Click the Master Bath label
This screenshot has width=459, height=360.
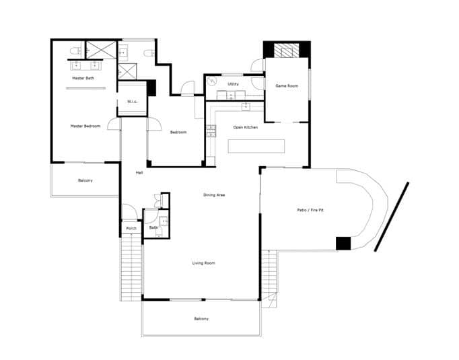coord(83,79)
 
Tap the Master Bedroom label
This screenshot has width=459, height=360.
coord(85,126)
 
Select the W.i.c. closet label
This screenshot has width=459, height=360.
coord(132,101)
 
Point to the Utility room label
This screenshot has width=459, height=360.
coord(233,84)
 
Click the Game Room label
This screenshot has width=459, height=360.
coord(287,86)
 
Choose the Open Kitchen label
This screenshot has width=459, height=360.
coord(245,127)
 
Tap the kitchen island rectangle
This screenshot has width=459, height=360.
coord(256,146)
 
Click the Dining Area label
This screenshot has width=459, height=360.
coord(214,195)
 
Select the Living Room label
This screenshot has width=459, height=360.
coord(203,262)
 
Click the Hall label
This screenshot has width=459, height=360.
coord(139,173)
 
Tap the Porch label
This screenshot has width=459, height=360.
coord(131,228)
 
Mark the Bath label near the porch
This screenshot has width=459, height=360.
coord(153,227)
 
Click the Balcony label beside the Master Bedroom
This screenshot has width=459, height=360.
coord(85,180)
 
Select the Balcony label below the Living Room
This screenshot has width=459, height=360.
coord(201,318)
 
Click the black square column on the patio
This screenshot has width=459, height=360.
coord(343,244)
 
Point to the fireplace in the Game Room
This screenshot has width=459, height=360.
coord(287,50)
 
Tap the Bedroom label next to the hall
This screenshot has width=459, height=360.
coord(178,132)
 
